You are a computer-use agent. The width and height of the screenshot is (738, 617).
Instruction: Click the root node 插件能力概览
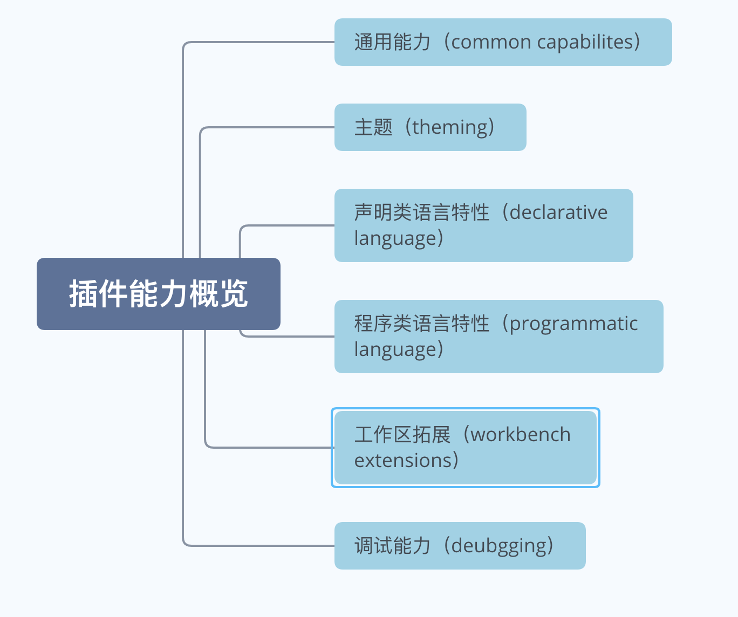coord(159,293)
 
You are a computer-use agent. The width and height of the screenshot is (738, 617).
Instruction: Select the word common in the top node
coord(491,42)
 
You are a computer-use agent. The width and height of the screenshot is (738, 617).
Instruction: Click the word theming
coord(449,128)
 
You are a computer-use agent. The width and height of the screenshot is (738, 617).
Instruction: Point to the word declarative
coord(558,212)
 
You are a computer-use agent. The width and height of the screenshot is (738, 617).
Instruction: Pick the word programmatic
coord(573,324)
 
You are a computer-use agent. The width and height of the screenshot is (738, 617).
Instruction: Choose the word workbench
coord(521,434)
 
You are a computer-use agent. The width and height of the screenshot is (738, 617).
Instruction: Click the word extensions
coord(404,461)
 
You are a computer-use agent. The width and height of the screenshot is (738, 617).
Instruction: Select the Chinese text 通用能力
coord(392,42)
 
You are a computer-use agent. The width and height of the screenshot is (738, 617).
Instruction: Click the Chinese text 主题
coord(373,127)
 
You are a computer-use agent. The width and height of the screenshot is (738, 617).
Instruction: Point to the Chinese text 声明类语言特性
coord(422,212)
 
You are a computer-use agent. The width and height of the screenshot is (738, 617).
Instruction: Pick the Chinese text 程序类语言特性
coord(422,324)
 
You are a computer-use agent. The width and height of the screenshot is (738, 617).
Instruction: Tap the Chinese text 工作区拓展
coord(402,435)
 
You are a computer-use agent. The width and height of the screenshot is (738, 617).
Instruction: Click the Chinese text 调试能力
coord(392,546)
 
